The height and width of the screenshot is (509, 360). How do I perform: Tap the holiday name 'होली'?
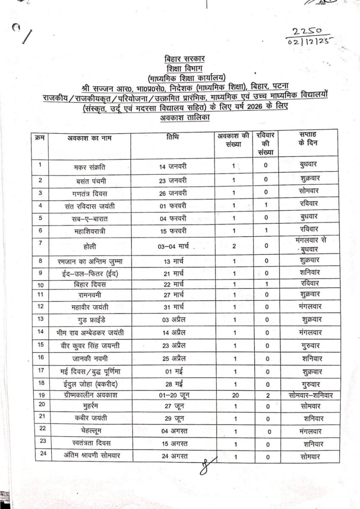point(90,246)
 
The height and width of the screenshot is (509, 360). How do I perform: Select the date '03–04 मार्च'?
point(174,246)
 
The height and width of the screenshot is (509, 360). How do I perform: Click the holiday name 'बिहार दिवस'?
point(90,284)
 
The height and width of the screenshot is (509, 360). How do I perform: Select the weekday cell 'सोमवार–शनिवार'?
point(309,395)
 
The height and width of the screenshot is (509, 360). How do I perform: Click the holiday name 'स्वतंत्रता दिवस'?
point(90,443)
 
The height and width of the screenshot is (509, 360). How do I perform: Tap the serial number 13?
point(40,318)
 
